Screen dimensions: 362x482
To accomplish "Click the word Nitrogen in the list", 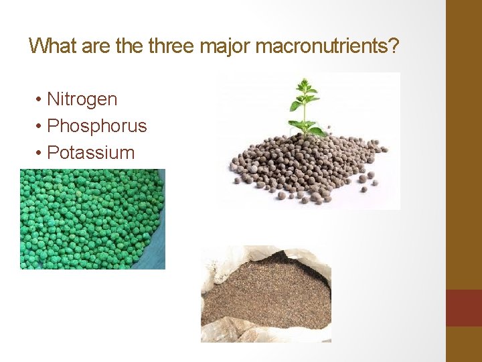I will (x=82, y=99).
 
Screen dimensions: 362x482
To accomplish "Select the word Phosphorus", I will (x=97, y=126).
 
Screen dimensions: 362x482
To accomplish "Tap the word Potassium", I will (x=90, y=152).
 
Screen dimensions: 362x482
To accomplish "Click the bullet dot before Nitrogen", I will (x=39, y=100).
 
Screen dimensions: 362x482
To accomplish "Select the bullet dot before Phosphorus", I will (x=39, y=127).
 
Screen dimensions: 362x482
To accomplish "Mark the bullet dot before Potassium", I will (x=39, y=153).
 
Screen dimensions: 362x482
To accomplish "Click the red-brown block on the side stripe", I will (x=463, y=308).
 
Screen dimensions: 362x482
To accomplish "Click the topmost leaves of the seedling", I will (x=305, y=85).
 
